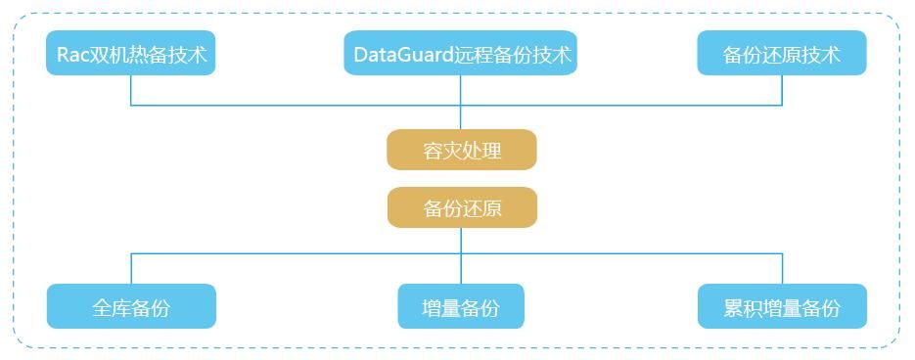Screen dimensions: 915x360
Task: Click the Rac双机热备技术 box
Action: [x=130, y=53]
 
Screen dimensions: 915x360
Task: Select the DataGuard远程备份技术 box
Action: [x=460, y=53]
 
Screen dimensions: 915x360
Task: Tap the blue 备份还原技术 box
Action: [x=782, y=53]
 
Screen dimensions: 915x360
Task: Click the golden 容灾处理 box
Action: [x=462, y=150]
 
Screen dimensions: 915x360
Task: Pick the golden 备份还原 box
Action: [x=462, y=207]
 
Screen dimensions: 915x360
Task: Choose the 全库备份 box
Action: [x=131, y=307]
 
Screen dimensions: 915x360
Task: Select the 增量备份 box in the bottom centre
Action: [x=461, y=307]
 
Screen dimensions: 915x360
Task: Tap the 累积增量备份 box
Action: [x=782, y=307]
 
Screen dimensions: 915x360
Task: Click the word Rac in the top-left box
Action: [x=73, y=54]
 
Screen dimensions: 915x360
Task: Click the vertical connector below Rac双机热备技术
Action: [x=131, y=90]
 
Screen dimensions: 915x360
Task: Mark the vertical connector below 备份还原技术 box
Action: [x=782, y=90]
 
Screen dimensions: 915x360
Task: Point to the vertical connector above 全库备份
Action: [x=131, y=269]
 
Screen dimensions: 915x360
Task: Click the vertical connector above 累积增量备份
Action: [x=782, y=269]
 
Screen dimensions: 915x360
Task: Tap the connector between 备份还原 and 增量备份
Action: [x=461, y=256]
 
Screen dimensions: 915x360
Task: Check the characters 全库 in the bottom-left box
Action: [x=112, y=308]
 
